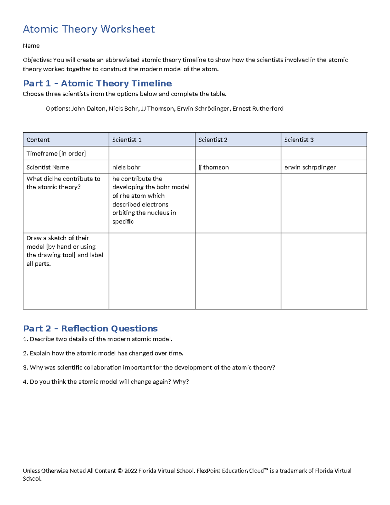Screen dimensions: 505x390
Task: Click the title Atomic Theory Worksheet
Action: [x=89, y=29]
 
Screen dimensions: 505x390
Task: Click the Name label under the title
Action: [x=31, y=46]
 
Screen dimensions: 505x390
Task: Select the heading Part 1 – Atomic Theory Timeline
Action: [x=97, y=84]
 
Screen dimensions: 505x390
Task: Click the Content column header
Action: [x=38, y=140]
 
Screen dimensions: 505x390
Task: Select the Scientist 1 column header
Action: [x=127, y=140]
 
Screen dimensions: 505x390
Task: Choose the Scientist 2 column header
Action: [x=213, y=140]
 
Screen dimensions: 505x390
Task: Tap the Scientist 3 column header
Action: [x=299, y=140]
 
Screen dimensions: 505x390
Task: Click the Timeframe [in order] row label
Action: [x=56, y=153]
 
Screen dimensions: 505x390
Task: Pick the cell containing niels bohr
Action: [x=126, y=167]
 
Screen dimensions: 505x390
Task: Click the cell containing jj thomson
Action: [x=214, y=167]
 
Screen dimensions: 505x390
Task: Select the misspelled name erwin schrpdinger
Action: [x=310, y=167]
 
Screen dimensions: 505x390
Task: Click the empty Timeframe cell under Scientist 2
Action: [x=238, y=153]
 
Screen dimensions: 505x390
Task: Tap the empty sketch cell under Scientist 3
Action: [x=324, y=271]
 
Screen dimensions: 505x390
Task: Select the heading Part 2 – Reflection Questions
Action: [x=90, y=328]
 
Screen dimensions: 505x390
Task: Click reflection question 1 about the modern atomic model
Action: [x=97, y=339]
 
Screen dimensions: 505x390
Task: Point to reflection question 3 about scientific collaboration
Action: [x=149, y=367]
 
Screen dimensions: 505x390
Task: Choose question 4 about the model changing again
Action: [x=106, y=382]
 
